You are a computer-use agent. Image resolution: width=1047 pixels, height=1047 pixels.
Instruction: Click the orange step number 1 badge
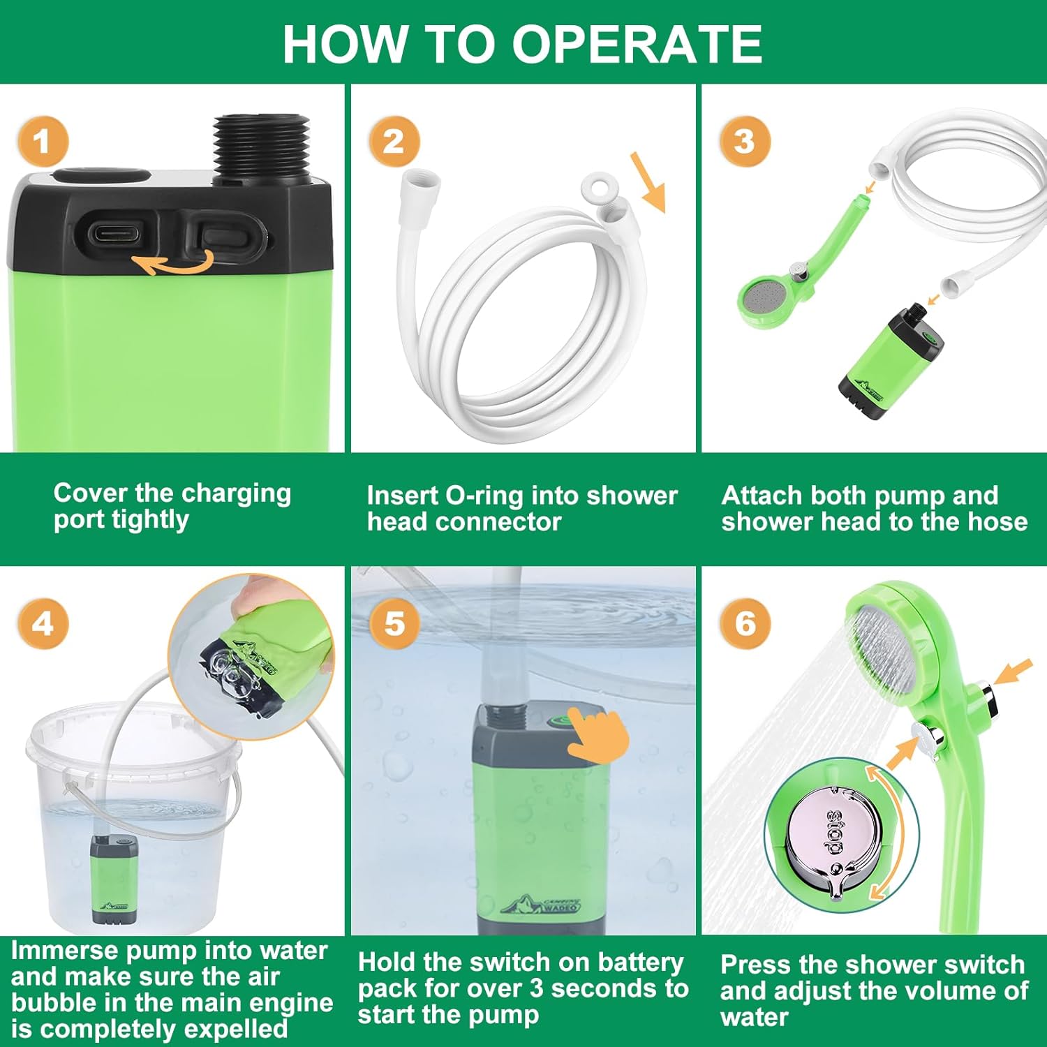pyautogui.click(x=43, y=142)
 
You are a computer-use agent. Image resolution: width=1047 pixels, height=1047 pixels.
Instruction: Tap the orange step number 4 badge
pyautogui.click(x=43, y=623)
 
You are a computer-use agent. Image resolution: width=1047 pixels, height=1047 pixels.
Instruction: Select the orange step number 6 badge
pyautogui.click(x=745, y=623)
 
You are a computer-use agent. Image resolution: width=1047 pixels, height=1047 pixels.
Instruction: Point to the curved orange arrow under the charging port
pyautogui.click(x=173, y=264)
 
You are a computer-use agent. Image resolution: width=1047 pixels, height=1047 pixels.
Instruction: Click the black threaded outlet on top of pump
pyautogui.click(x=262, y=147)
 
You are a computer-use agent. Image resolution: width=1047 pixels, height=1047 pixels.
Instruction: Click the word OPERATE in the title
pyautogui.click(x=637, y=44)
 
